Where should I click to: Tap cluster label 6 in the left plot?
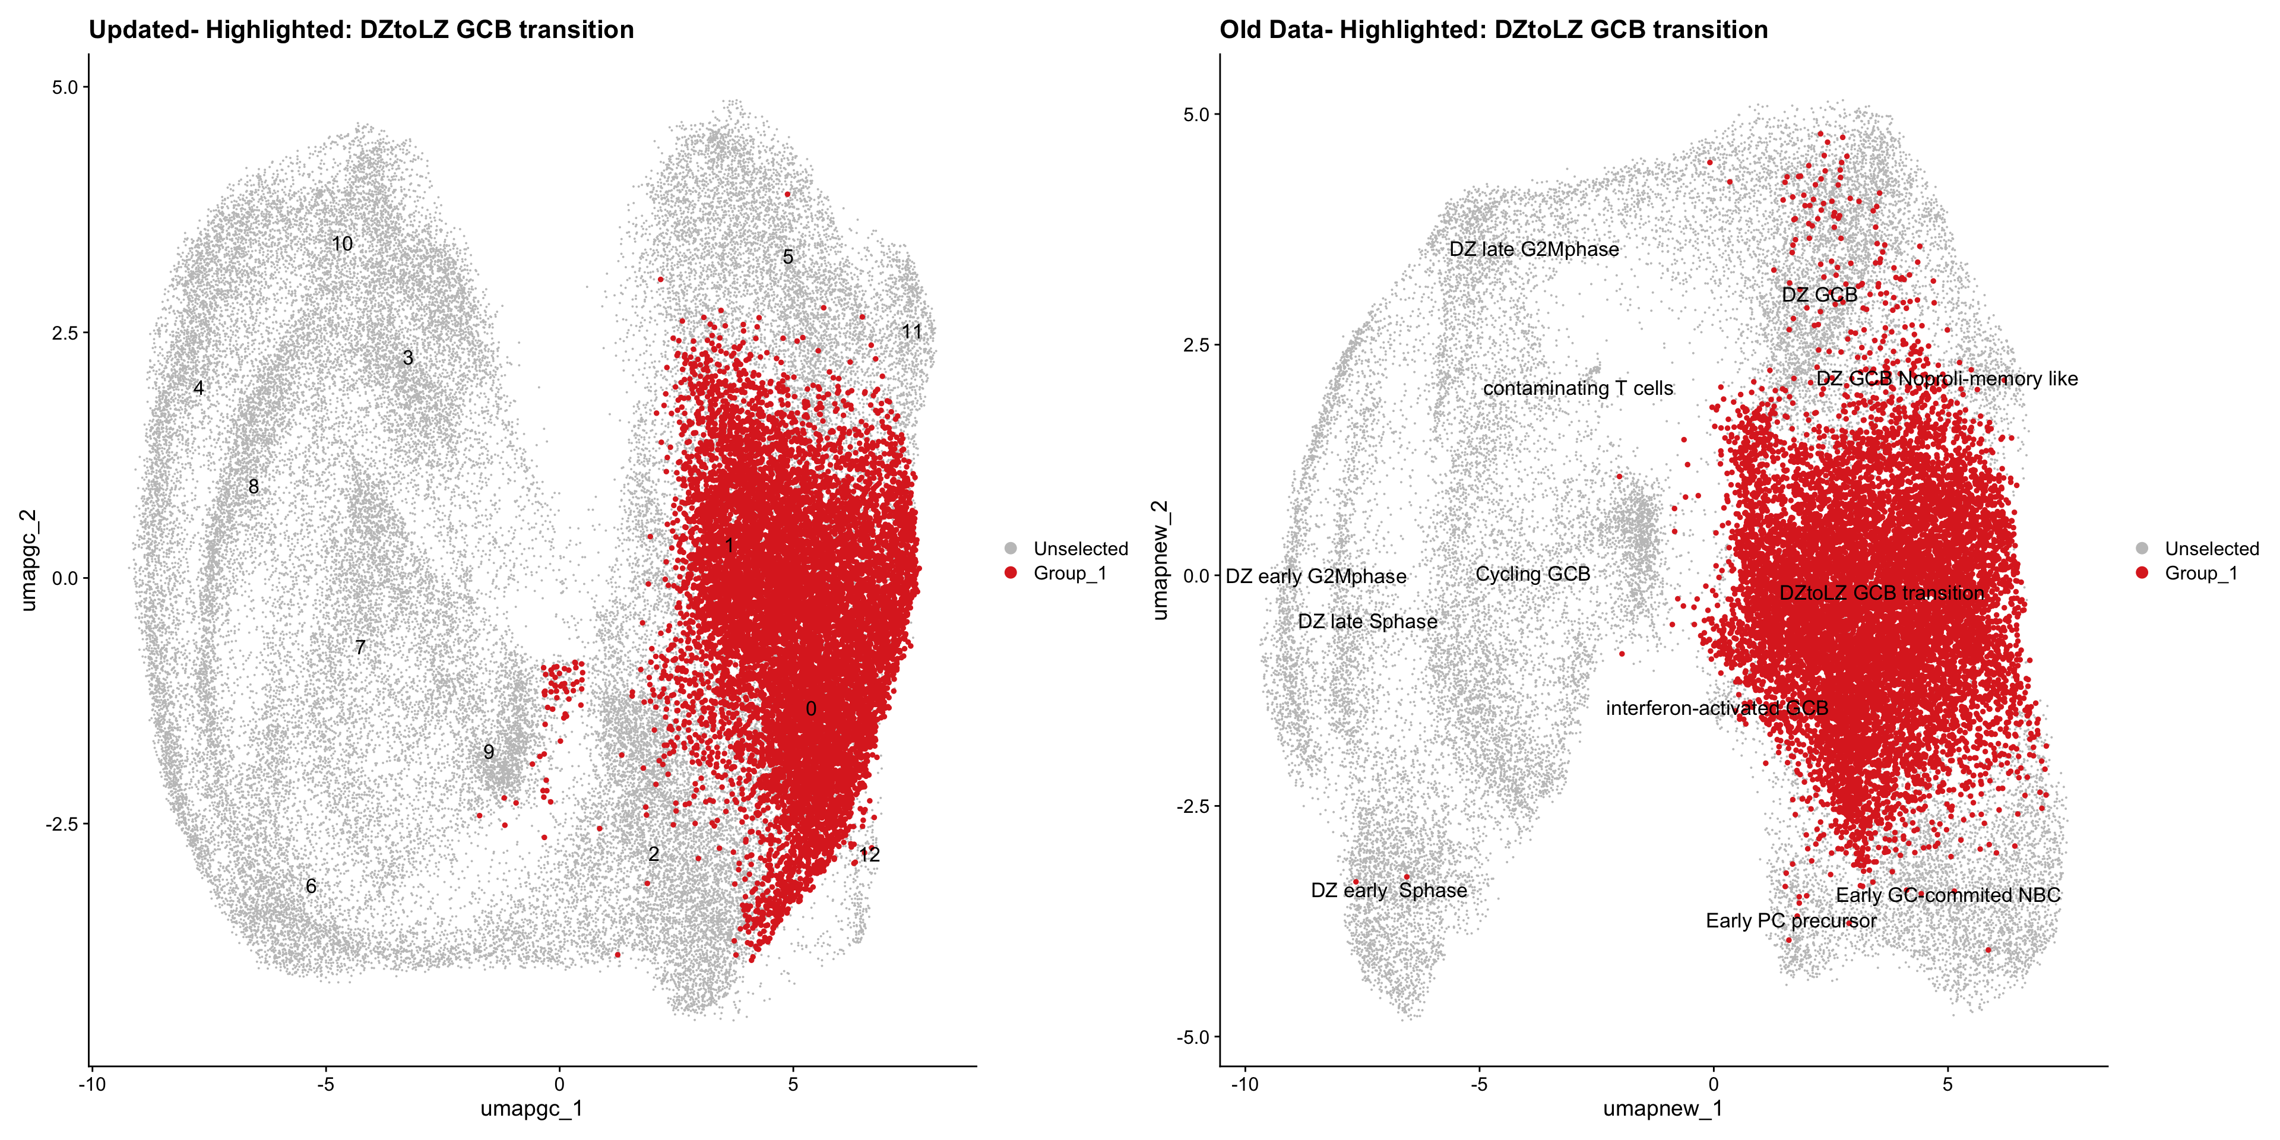point(311,886)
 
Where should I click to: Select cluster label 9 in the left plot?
point(489,752)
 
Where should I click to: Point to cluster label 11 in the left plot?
point(911,332)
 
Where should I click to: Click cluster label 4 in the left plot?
point(199,388)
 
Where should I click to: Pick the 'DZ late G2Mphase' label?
point(1534,249)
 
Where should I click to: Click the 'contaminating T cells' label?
point(1578,388)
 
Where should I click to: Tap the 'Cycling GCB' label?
point(1532,574)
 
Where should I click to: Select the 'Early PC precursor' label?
point(1791,920)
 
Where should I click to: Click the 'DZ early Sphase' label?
point(1389,891)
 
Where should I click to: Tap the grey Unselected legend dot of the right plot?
point(2142,549)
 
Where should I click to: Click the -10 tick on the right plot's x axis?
point(1244,1084)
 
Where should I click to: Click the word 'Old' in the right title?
point(1241,30)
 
